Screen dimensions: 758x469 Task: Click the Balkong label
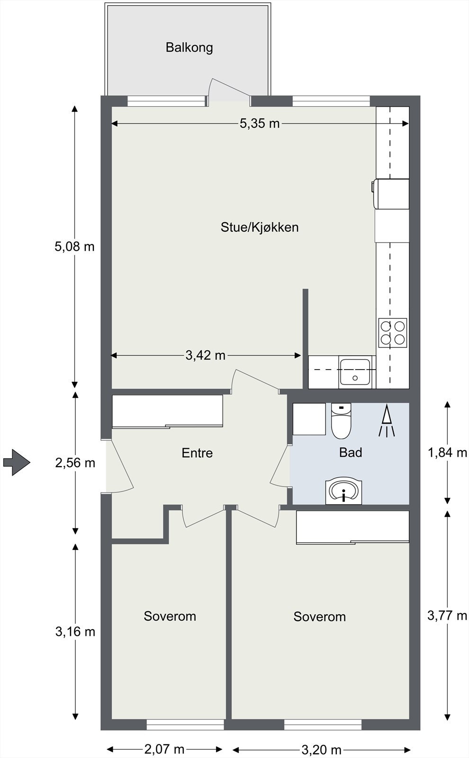coord(189,47)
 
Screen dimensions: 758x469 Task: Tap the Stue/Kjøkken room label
coord(260,227)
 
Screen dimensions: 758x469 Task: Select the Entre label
coord(197,453)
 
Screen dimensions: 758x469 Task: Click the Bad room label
coord(351,452)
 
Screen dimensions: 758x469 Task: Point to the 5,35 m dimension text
coord(260,124)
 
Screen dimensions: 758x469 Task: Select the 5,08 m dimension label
coord(74,246)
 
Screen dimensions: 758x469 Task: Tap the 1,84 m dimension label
coord(447,452)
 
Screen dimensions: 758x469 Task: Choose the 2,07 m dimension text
coord(164,749)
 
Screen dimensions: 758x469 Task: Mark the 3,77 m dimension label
coord(447,615)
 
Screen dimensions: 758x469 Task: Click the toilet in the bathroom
coord(341,420)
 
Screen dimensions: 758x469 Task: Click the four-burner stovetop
coord(393,333)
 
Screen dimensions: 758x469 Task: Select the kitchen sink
coord(354,372)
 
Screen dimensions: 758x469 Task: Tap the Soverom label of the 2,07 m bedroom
coord(170,616)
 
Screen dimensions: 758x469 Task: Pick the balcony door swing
coord(229,91)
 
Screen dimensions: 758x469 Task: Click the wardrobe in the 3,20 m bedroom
coord(352,527)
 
